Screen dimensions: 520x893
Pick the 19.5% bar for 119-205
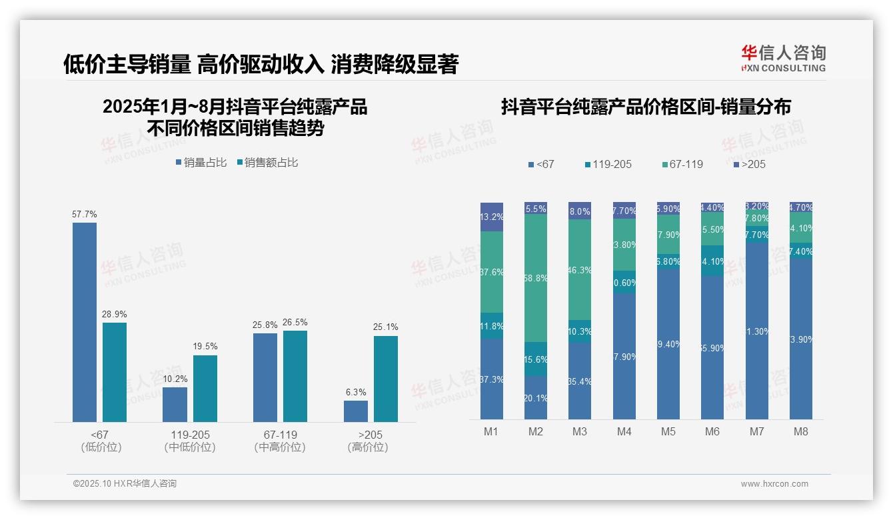[x=205, y=388]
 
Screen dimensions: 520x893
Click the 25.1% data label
[x=386, y=327]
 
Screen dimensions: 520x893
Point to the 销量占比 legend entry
[x=201, y=163]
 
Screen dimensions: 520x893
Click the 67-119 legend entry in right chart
[x=683, y=164]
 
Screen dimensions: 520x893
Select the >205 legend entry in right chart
[x=749, y=164]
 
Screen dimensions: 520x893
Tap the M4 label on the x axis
[x=624, y=432]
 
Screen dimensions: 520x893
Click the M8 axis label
[x=800, y=432]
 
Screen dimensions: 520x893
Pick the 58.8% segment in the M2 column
[x=536, y=278]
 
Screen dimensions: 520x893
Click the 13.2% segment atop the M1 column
[x=492, y=217]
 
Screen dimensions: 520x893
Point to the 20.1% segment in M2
[x=536, y=398]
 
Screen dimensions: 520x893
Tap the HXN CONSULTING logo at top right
[x=783, y=59]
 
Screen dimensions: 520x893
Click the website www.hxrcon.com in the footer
[x=774, y=484]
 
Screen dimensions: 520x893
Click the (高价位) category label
[x=368, y=447]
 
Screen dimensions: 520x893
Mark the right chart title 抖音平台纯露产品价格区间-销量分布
[x=646, y=107]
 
